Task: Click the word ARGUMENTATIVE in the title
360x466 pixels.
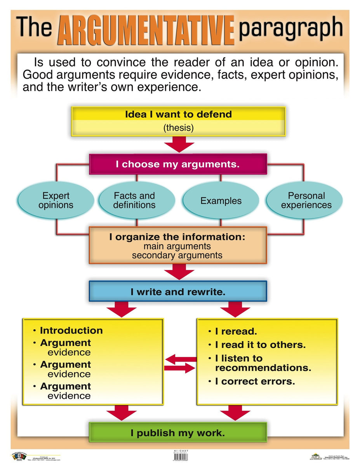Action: pos(146,30)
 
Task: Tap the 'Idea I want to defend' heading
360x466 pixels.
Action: pos(178,115)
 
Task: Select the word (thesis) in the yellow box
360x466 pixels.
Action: pos(178,128)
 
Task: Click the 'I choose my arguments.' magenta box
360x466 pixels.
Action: pos(178,164)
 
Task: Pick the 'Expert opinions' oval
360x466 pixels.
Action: pos(56,201)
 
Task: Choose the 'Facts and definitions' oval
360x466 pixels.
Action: pos(134,200)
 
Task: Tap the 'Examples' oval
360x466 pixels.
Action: pos(221,201)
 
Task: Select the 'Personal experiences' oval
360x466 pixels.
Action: pos(306,200)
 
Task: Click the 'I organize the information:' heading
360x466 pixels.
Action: pos(177,237)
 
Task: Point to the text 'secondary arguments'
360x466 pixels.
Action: pos(177,256)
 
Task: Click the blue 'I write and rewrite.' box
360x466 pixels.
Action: pos(178,292)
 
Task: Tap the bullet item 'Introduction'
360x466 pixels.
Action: pos(71,330)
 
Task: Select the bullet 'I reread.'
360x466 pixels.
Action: pos(236,332)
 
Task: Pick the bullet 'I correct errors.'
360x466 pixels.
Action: pos(255,381)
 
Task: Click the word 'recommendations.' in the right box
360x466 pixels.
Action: pos(263,368)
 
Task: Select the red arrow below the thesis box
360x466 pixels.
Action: pos(179,146)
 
